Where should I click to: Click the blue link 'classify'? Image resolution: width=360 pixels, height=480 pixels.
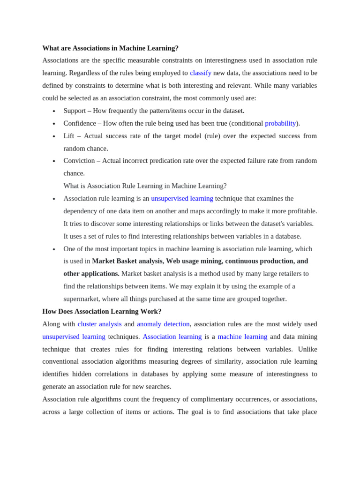click(x=200, y=73)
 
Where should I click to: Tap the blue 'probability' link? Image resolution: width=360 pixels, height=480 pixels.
click(x=280, y=123)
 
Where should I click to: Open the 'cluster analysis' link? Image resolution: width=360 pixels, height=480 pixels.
click(x=99, y=324)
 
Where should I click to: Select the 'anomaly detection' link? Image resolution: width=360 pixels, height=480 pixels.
click(x=163, y=324)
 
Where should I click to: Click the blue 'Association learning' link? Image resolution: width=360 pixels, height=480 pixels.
click(x=172, y=337)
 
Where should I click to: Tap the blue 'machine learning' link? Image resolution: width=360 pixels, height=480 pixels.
click(x=242, y=337)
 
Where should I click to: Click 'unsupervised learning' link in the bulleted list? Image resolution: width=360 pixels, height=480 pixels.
click(x=182, y=198)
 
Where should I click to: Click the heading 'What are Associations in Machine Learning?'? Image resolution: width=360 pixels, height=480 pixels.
click(x=110, y=48)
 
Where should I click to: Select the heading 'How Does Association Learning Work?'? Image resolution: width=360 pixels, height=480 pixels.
click(x=102, y=311)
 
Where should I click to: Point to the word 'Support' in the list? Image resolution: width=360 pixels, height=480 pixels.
click(x=75, y=111)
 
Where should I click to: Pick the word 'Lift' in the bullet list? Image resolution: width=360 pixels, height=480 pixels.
click(x=68, y=136)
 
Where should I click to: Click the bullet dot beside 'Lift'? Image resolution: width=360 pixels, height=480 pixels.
click(x=54, y=136)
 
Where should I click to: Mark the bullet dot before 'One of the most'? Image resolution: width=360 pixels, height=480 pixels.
click(x=54, y=249)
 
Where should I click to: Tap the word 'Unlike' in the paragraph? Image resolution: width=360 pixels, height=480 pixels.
click(x=307, y=349)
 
